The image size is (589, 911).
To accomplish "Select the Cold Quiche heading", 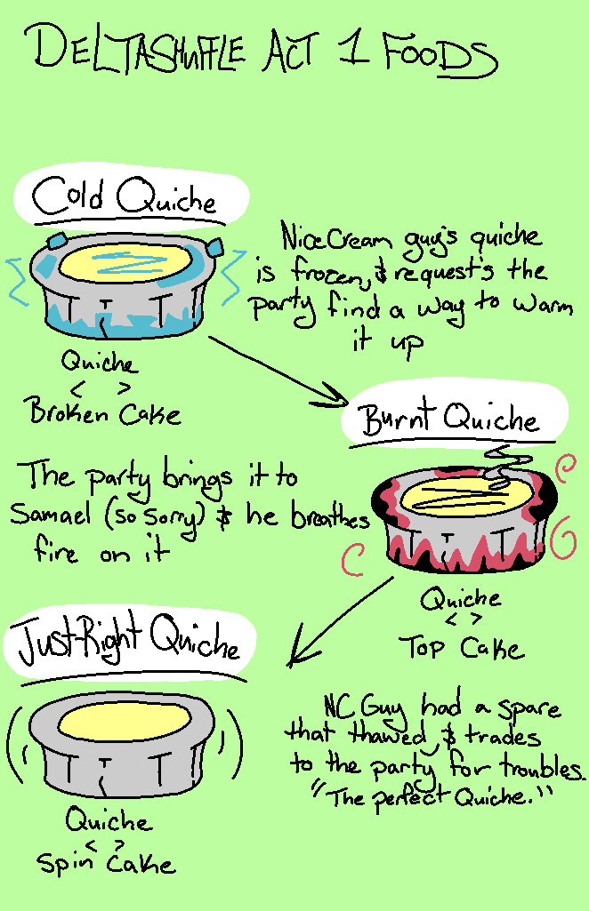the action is [125, 196].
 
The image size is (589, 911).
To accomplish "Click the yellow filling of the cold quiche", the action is [125, 263].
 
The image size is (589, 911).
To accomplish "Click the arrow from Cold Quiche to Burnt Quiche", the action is [278, 371].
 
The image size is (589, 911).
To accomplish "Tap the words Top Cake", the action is [461, 647].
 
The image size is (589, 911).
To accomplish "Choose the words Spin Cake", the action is [106, 863].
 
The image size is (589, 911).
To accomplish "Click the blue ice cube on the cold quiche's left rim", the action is [56, 241].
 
